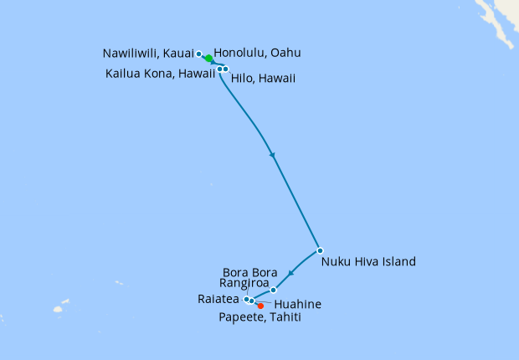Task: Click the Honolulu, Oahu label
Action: (x=257, y=53)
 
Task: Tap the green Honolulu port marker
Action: (x=208, y=59)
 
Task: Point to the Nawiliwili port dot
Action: (x=198, y=54)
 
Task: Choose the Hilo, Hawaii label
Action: (x=262, y=79)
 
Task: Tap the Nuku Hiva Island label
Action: (x=368, y=261)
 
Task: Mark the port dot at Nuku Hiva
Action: (x=320, y=250)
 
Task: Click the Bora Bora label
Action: (x=250, y=272)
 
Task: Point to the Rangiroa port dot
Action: (x=274, y=290)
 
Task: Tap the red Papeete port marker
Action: (x=260, y=306)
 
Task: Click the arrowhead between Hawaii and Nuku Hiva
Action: (x=271, y=155)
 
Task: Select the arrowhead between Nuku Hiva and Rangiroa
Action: (x=290, y=273)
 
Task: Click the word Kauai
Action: (x=180, y=53)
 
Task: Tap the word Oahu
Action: (x=285, y=53)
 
